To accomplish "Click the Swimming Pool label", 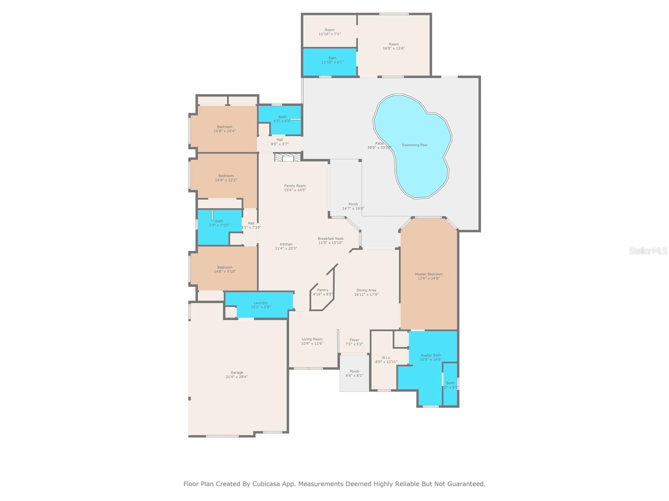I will pos(414,145).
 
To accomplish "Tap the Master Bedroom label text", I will pos(429,274).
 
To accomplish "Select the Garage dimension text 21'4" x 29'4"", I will pos(237,377).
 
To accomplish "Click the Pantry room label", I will pos(323,290).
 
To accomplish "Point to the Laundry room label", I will pos(260,303).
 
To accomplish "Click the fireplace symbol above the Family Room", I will pos(288,157).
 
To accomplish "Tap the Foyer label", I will pos(354,340).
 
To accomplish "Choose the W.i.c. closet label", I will pos(386,358).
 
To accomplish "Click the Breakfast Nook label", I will pos(330,239).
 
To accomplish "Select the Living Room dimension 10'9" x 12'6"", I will pos(312,344).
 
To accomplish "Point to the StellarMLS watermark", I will pos(648,251).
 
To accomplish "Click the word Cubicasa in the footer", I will pos(266,484).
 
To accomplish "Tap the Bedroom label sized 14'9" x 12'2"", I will pos(226,176).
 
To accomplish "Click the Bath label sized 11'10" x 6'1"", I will pos(332,58).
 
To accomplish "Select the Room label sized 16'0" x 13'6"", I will pos(393,44).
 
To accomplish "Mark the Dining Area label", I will pos(366,290).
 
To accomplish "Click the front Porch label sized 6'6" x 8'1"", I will pos(354,372).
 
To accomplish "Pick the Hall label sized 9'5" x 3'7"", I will pos(279,140).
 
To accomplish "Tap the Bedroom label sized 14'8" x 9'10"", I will pos(225,268).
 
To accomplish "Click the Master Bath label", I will pos(431,356).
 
